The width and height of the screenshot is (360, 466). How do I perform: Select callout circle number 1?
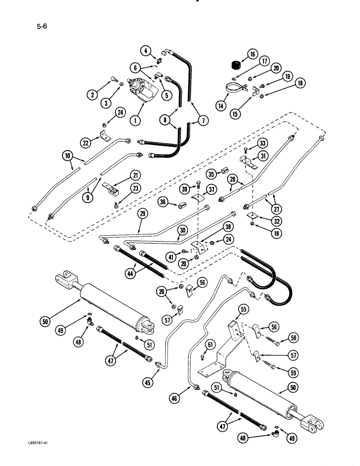(135, 121)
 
